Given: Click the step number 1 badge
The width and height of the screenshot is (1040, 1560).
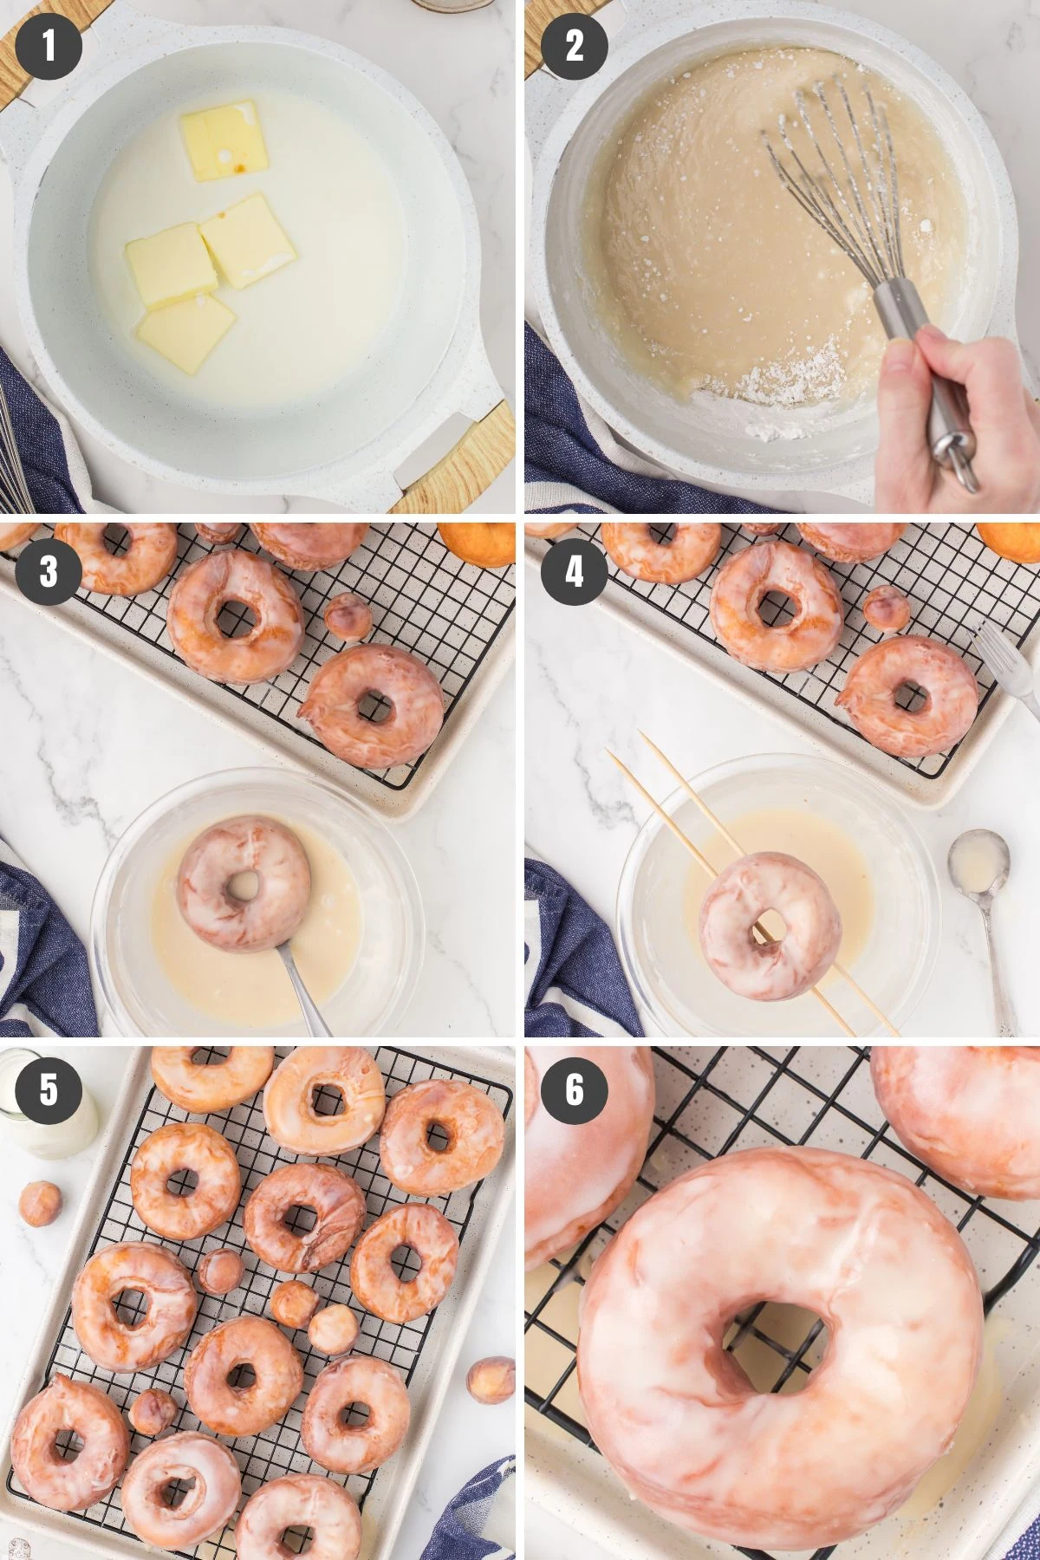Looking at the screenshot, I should [49, 45].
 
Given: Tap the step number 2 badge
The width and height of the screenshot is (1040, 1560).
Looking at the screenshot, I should [575, 45].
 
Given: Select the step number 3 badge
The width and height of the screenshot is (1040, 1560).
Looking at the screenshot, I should [49, 571].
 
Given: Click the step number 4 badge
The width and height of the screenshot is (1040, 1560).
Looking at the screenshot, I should [575, 571].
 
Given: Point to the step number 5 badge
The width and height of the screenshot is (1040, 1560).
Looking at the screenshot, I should [49, 1089].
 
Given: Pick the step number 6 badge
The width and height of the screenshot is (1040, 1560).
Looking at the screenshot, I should [575, 1089].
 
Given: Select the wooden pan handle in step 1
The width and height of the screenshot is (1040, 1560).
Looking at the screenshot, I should [455, 459].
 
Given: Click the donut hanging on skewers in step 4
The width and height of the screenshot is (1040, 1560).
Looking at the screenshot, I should [770, 926].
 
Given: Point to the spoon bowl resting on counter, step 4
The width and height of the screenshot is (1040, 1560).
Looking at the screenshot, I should [978, 860].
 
